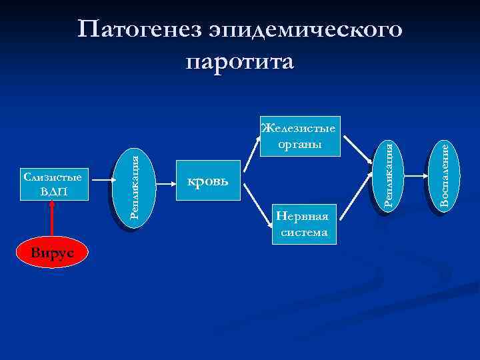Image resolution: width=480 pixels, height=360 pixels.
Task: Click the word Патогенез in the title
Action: [139, 30]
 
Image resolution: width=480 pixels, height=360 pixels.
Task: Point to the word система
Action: [304, 232]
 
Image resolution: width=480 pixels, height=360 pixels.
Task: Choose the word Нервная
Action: [304, 217]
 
